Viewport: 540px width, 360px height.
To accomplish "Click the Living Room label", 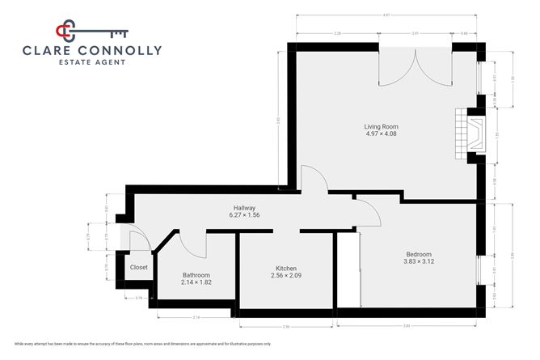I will pyautogui.click(x=381, y=126).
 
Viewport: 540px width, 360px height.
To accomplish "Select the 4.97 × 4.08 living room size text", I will pyautogui.click(x=381, y=133).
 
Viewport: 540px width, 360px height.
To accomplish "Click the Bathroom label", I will pyautogui.click(x=196, y=274).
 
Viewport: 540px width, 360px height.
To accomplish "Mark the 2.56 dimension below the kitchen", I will pyautogui.click(x=285, y=326).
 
